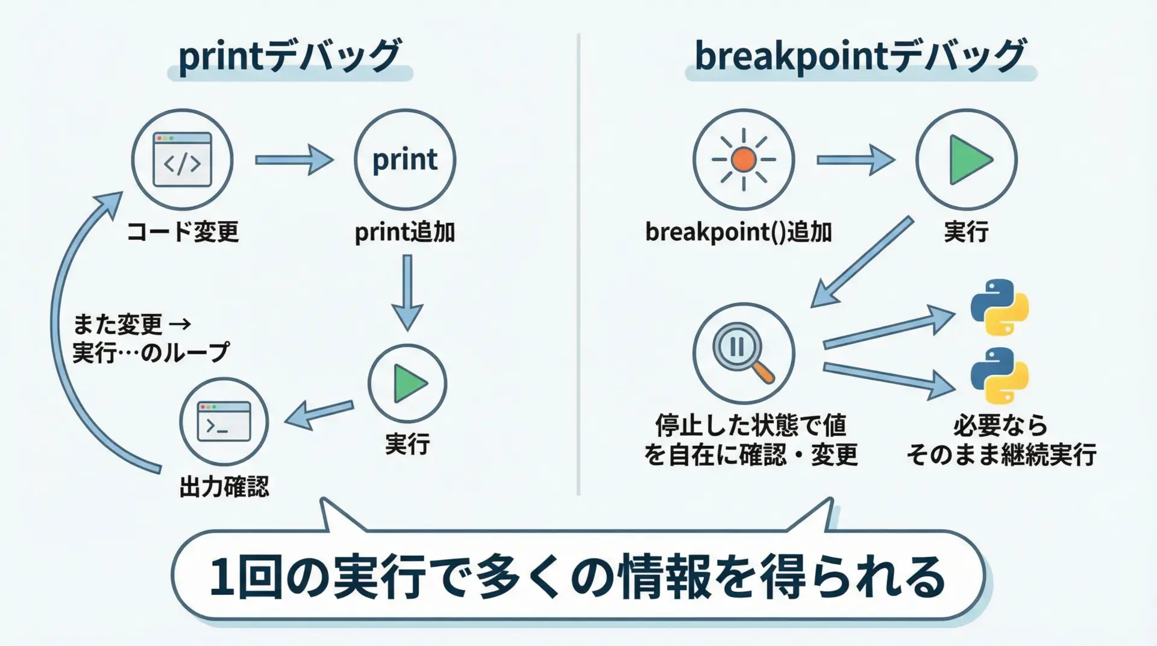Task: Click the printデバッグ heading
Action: click(x=289, y=57)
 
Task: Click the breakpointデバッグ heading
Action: click(x=860, y=57)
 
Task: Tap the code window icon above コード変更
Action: click(x=182, y=160)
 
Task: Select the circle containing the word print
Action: click(x=405, y=160)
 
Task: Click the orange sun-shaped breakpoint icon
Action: click(x=744, y=160)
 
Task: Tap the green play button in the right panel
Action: click(x=967, y=160)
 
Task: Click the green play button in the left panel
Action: click(x=408, y=384)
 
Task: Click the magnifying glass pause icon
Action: click(x=743, y=353)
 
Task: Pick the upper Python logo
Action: click(x=999, y=307)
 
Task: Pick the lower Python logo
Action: click(x=999, y=375)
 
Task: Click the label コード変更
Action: click(x=183, y=232)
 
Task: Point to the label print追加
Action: click(x=404, y=232)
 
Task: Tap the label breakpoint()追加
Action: click(x=738, y=232)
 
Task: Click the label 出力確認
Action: click(x=224, y=487)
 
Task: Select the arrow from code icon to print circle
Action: click(x=294, y=160)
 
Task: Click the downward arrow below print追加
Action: click(x=407, y=292)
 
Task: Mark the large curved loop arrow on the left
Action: click(x=66, y=325)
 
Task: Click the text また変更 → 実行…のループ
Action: click(x=151, y=339)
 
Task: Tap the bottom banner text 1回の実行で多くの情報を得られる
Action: click(x=577, y=577)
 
